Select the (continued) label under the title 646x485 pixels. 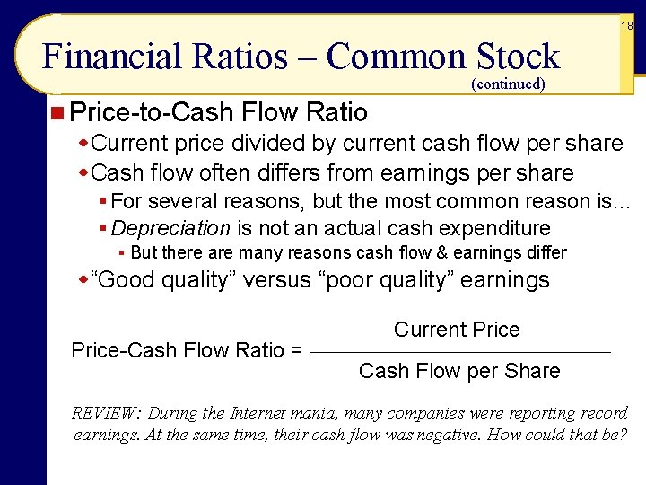click(x=508, y=84)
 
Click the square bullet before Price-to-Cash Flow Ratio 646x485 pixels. click(x=57, y=112)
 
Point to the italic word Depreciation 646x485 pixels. click(x=171, y=228)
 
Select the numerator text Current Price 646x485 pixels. click(x=457, y=330)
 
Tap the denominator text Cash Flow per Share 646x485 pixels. click(x=459, y=371)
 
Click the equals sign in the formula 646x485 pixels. click(x=296, y=350)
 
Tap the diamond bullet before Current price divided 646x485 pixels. click(x=85, y=144)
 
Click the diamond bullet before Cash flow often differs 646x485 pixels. click(x=85, y=172)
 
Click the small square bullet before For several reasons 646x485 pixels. click(x=105, y=201)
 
